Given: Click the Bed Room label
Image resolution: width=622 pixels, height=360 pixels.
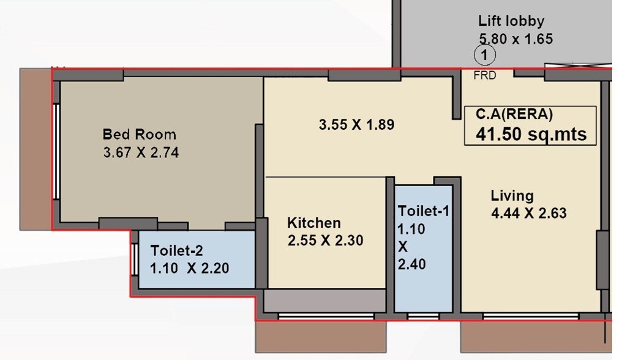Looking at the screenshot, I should tap(139, 134).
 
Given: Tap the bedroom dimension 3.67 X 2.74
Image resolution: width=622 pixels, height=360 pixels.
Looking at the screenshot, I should tap(141, 153).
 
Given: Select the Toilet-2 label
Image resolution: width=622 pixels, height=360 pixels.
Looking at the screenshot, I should tap(176, 250).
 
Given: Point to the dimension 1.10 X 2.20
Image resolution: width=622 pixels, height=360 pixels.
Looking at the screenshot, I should tap(190, 268).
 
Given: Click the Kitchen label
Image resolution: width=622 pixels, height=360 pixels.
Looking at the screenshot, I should tap(314, 222).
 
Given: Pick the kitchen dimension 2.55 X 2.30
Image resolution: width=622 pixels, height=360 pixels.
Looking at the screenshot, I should tap(325, 241).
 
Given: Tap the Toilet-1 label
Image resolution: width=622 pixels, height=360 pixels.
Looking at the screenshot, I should tap(424, 211).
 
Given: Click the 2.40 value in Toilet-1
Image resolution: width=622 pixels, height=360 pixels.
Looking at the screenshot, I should tap(412, 264).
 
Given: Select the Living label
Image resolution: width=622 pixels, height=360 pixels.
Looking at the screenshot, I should tap(512, 196).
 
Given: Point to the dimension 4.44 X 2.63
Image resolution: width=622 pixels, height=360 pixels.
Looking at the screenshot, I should tap(528, 214).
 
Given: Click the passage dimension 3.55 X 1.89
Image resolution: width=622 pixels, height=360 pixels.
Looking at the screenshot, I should tap(356, 125).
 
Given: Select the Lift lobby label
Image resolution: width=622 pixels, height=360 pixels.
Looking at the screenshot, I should tap(511, 21).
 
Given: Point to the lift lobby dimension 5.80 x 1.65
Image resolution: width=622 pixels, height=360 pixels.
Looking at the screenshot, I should tap(515, 39).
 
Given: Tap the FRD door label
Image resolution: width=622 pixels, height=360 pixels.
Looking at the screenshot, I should tap(485, 75).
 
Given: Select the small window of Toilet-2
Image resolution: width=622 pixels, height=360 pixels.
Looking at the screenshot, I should tap(134, 259).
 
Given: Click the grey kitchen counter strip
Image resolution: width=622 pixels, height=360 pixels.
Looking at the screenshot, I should tap(324, 301).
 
